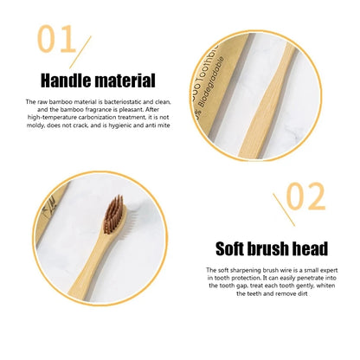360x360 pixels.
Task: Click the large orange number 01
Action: (56, 42)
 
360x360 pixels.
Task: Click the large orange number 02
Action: (305, 196)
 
